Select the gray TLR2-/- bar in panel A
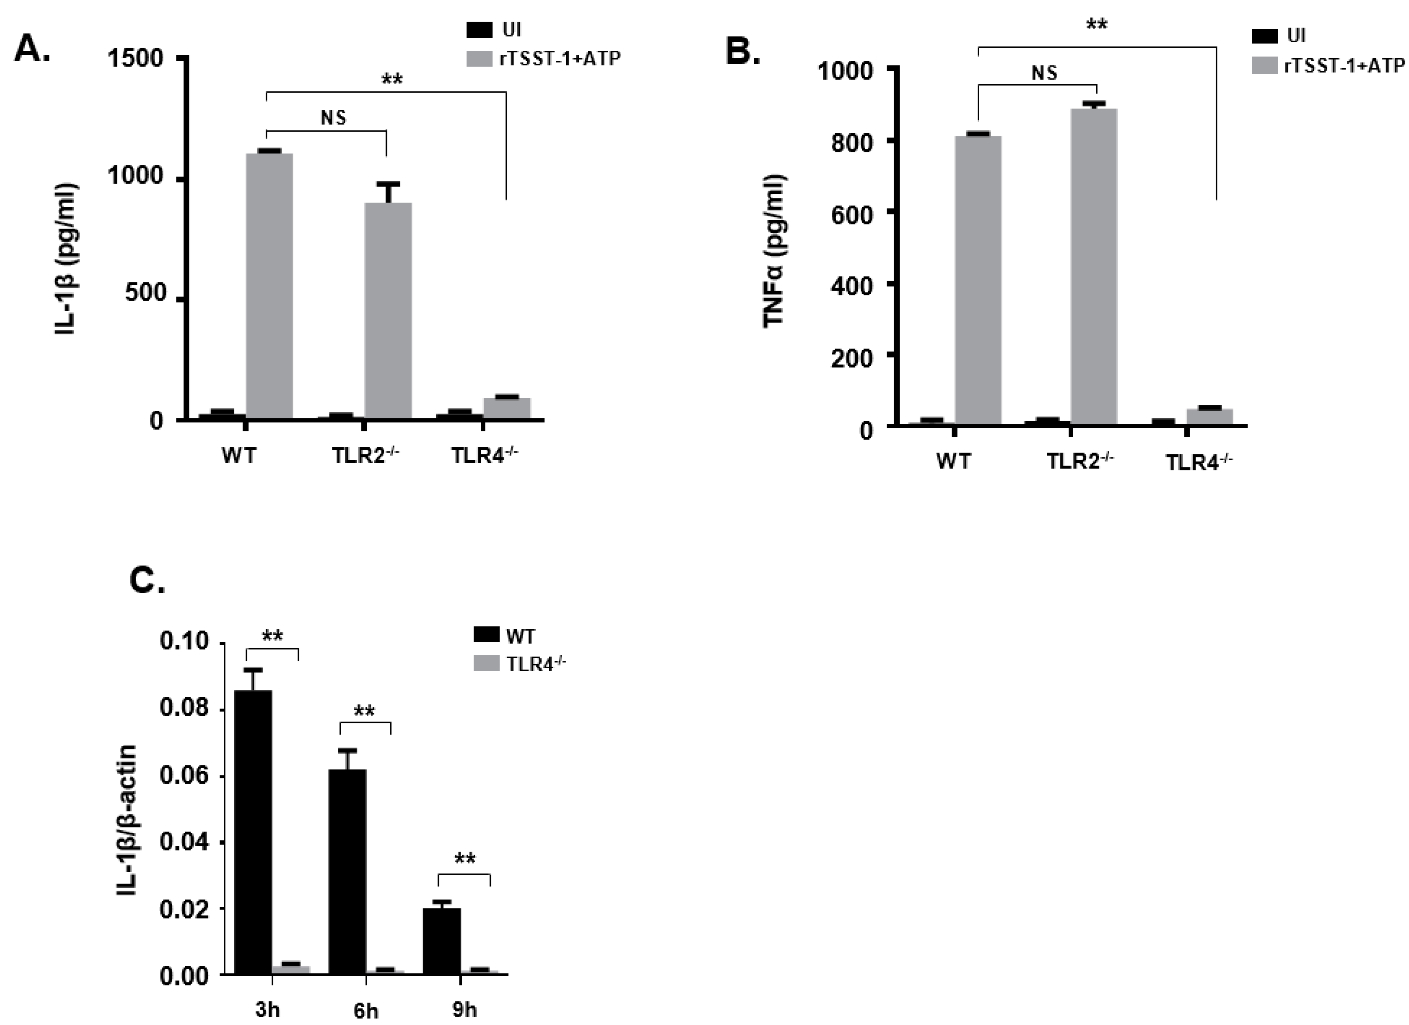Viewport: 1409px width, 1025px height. point(387,311)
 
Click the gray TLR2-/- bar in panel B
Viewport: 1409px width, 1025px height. point(1093,267)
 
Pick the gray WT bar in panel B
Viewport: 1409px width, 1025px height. point(978,280)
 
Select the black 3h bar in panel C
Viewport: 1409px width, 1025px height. point(253,832)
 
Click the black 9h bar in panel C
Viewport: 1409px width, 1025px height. point(442,941)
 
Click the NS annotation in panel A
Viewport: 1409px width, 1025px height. point(333,117)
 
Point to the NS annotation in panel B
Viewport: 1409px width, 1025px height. point(1044,73)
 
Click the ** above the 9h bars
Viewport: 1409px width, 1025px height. point(465,859)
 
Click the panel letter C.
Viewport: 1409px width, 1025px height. point(147,580)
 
